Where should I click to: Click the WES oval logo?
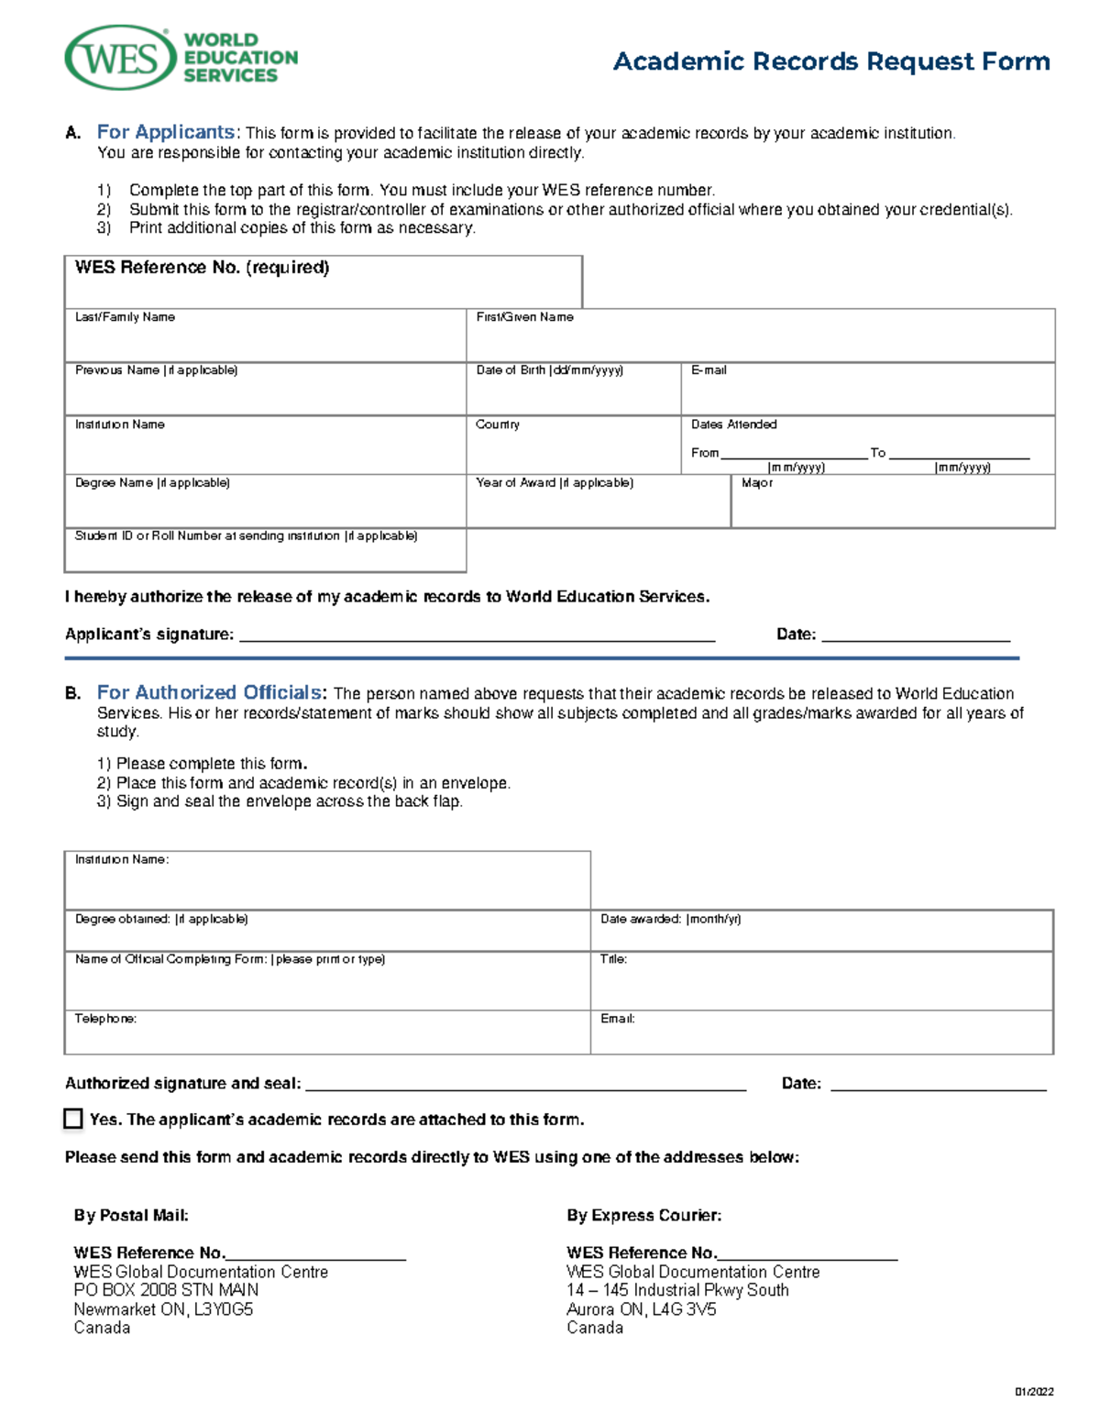[x=120, y=59]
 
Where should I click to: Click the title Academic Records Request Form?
[x=830, y=61]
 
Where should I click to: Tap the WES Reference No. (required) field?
[x=323, y=282]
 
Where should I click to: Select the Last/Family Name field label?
[x=125, y=317]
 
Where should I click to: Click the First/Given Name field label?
[x=524, y=317]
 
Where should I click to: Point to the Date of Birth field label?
[x=549, y=370]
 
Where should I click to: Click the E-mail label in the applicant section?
[x=709, y=370]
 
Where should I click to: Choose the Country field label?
[x=498, y=425]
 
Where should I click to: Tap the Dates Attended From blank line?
[x=793, y=453]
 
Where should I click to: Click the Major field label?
[x=757, y=483]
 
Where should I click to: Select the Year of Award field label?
[x=554, y=483]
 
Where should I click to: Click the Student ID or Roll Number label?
[x=246, y=536]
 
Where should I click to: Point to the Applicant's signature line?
[x=477, y=635]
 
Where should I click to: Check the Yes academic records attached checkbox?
[x=73, y=1119]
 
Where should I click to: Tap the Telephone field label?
[x=105, y=1019]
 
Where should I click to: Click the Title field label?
[x=613, y=959]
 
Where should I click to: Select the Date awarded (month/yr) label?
[x=670, y=919]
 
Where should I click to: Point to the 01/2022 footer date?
[x=1033, y=1392]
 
